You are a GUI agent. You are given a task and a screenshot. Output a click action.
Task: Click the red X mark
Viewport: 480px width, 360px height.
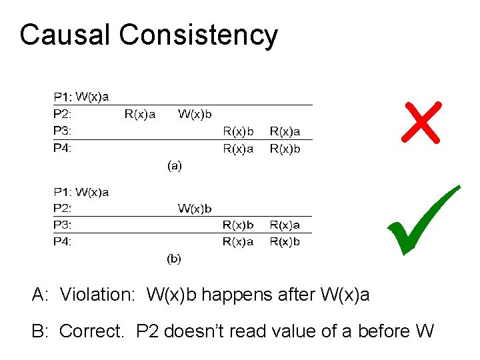[x=421, y=123]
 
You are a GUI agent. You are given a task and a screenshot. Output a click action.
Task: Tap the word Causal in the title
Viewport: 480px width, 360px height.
[x=65, y=35]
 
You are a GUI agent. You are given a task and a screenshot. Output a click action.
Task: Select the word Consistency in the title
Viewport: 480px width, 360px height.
[x=198, y=35]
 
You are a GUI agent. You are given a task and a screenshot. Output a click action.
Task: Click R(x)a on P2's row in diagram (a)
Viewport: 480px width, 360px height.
[x=140, y=114]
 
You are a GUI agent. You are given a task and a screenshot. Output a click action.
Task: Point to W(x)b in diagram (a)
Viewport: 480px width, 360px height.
[x=195, y=114]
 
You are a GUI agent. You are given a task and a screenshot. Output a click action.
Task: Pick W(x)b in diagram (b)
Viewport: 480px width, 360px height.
[x=195, y=209]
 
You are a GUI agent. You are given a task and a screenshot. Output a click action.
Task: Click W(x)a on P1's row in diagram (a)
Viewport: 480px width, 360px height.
[x=93, y=97]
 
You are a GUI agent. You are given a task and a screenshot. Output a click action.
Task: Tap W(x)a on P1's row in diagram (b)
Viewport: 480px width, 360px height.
[x=93, y=193]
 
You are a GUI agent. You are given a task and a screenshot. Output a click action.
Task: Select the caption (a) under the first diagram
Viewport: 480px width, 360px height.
[x=173, y=167]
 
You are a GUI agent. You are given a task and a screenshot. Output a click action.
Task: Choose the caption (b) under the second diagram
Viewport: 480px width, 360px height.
[x=173, y=258]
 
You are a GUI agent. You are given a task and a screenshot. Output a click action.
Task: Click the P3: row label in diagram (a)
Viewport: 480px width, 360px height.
[x=63, y=131]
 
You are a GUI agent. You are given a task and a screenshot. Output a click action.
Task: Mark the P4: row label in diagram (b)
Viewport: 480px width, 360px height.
[x=63, y=242]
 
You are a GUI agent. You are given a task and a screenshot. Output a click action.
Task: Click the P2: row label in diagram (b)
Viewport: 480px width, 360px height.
[x=63, y=209]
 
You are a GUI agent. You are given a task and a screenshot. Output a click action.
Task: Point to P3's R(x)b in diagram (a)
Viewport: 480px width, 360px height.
[x=238, y=131]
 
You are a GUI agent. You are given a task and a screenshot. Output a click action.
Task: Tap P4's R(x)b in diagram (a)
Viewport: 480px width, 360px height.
[x=285, y=149]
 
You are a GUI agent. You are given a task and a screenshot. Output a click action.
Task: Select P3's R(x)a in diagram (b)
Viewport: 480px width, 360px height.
[x=285, y=225]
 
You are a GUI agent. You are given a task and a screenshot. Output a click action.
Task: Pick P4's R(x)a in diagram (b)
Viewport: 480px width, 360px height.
[x=238, y=242]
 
